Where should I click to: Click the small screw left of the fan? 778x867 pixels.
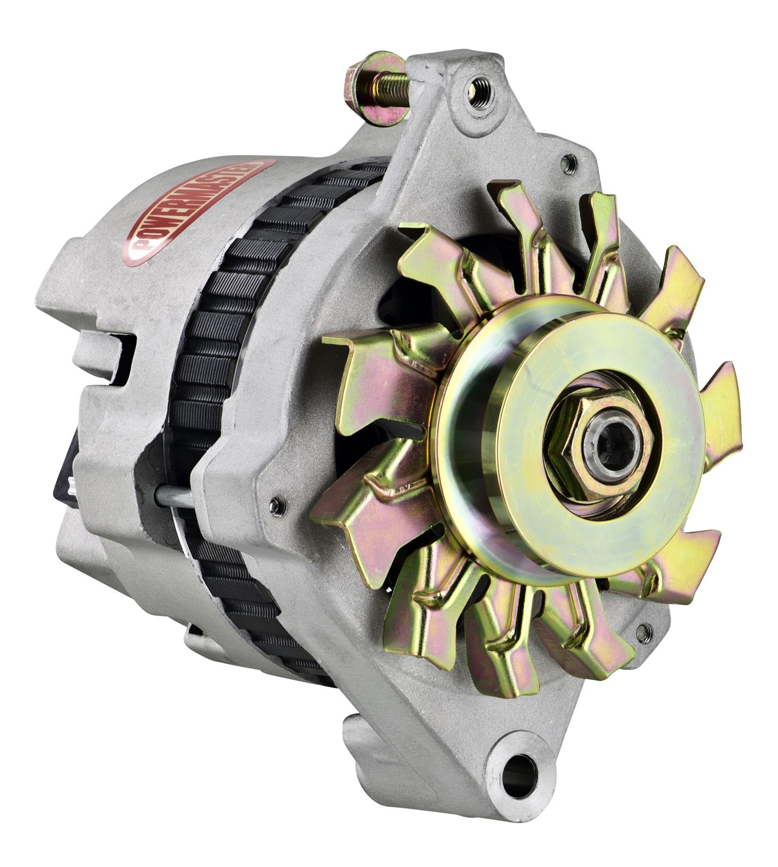(x=276, y=505)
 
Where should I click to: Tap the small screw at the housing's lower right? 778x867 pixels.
(x=644, y=631)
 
